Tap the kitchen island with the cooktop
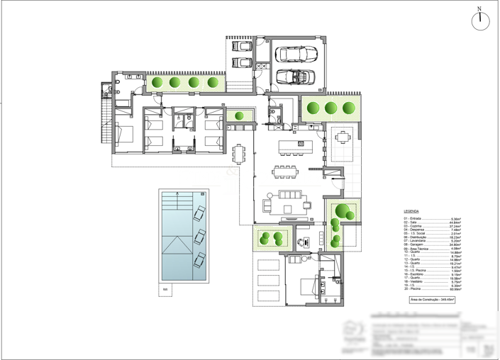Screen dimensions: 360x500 coord(291,145)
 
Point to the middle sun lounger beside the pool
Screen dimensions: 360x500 coord(200,235)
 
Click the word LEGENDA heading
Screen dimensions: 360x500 coord(411,211)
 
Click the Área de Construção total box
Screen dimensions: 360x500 coord(433,300)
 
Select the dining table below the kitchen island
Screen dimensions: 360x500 coord(288,171)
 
